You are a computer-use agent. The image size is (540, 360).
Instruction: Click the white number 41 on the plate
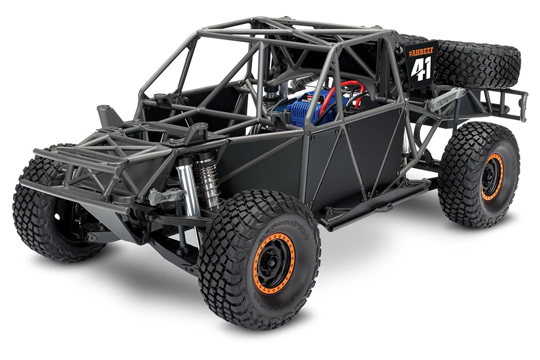[421, 70]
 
